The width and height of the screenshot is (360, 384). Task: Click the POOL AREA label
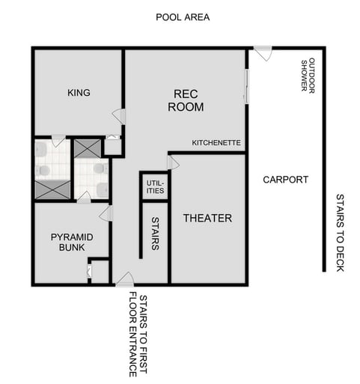[x=182, y=16]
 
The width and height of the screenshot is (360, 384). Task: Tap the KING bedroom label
[x=79, y=93]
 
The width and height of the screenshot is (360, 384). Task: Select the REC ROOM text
[x=185, y=100]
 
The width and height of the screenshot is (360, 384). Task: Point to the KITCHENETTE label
[x=216, y=142]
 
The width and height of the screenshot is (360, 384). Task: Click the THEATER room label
[x=207, y=218]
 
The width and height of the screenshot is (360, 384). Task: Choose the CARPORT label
[x=285, y=180]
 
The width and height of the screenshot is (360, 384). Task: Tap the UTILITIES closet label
[x=155, y=186]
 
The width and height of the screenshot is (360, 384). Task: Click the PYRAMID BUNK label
[x=72, y=242]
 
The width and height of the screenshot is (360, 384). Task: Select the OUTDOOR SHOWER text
[x=308, y=77]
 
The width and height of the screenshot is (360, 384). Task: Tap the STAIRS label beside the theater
[x=155, y=233]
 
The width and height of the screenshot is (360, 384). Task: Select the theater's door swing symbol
[x=172, y=162]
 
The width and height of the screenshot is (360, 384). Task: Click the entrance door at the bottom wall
[x=125, y=280]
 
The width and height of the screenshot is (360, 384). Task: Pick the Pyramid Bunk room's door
[x=106, y=213]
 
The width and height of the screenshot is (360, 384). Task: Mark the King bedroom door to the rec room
[x=118, y=115]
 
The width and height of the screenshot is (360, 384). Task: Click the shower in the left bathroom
[x=52, y=189]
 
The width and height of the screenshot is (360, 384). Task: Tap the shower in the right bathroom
[x=88, y=147]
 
